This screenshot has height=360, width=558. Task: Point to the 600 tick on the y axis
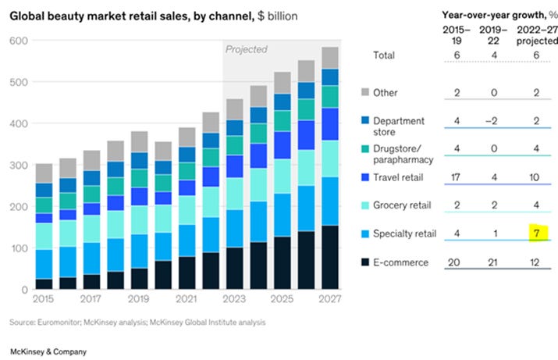coord(15,41)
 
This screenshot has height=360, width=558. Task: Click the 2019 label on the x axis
coord(139,300)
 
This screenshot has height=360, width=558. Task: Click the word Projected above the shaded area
coord(247,49)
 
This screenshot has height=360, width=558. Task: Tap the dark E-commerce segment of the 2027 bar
coord(330,258)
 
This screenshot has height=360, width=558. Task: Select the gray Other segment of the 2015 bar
coord(44,173)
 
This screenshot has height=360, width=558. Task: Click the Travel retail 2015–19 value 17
coord(456,177)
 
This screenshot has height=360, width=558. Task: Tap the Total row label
coord(383,55)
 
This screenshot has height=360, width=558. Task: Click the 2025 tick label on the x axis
coord(282,300)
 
